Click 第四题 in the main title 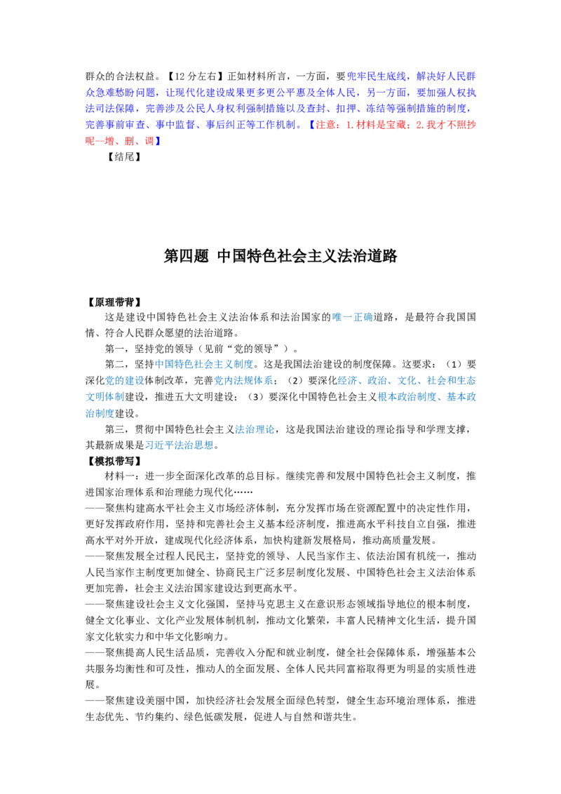point(187,256)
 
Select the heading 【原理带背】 point(113,302)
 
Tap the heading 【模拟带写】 point(113,461)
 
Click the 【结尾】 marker point(124,156)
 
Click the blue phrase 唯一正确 point(353,317)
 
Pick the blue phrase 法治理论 point(254,429)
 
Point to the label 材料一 point(119,476)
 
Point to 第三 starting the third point point(114,429)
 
